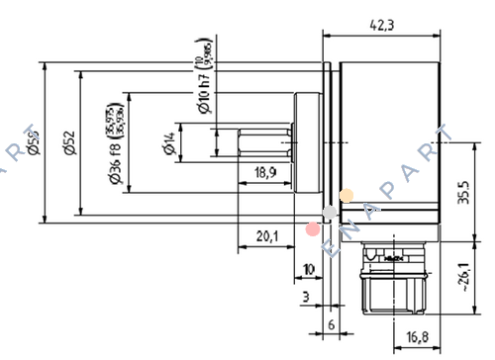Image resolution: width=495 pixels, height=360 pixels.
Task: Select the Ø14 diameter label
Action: coord(168,144)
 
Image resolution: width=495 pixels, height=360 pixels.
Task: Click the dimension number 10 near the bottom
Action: coord(308,269)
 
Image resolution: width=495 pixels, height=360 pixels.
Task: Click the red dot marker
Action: coord(313,229)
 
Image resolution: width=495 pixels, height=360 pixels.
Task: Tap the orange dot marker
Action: coord(346,196)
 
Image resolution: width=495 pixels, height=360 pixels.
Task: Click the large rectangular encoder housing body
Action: coord(387,143)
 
